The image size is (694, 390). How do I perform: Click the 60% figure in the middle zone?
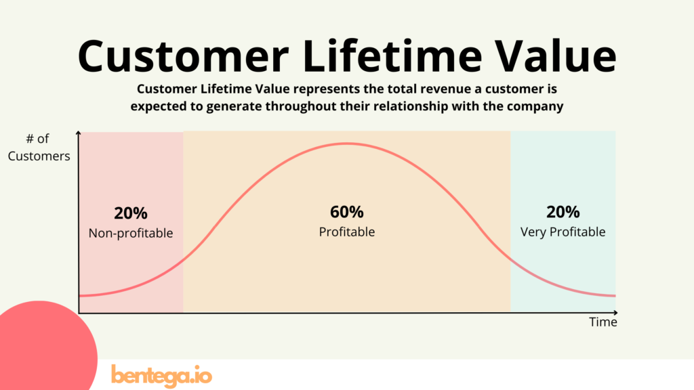pyautogui.click(x=347, y=212)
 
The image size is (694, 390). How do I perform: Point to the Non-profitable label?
pyautogui.click(x=131, y=233)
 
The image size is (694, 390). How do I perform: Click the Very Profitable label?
pyautogui.click(x=563, y=232)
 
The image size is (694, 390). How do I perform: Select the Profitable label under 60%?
pyautogui.click(x=347, y=232)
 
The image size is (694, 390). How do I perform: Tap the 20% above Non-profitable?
pyautogui.click(x=131, y=213)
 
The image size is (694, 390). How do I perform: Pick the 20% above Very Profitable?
pyautogui.click(x=563, y=212)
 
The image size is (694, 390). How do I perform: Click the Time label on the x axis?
pyautogui.click(x=603, y=322)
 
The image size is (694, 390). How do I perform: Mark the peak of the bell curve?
pyautogui.click(x=347, y=144)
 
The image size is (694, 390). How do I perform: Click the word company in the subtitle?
pyautogui.click(x=539, y=106)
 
